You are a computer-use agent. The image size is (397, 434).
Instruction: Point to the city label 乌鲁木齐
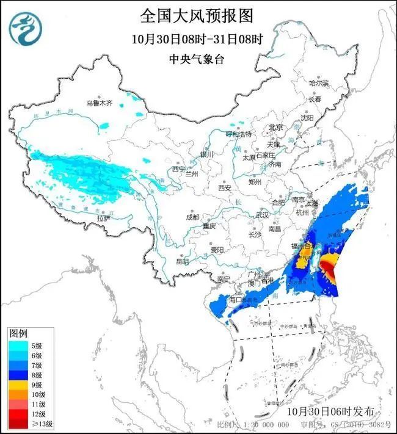[99, 104]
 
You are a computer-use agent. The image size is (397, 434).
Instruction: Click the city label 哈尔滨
[319, 82]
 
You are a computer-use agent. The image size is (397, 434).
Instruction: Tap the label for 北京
[277, 128]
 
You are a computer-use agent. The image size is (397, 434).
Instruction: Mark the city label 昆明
[182, 261]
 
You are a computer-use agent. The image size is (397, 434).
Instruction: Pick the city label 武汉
[262, 215]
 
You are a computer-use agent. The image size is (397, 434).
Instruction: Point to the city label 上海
[313, 203]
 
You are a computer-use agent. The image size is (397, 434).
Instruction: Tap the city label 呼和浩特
[238, 134]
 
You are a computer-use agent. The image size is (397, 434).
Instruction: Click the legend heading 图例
[18, 333]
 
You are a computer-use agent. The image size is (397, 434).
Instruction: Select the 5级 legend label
[37, 345]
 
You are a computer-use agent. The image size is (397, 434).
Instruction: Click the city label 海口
[235, 300]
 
